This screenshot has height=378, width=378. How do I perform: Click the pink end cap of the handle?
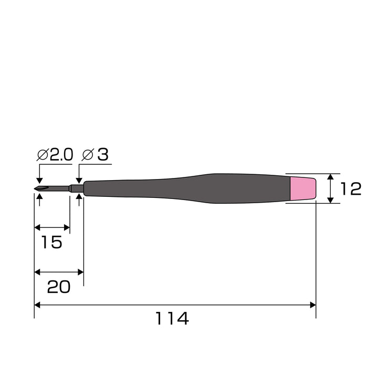pyautogui.click(x=303, y=188)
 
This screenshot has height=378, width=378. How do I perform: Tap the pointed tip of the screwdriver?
pyautogui.click(x=35, y=188)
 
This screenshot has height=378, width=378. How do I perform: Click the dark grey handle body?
pyautogui.click(x=187, y=188)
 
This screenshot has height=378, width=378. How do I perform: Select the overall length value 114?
pyautogui.click(x=172, y=318)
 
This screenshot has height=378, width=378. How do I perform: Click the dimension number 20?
pyautogui.click(x=59, y=287)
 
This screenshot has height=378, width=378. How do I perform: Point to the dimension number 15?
pyautogui.click(x=52, y=242)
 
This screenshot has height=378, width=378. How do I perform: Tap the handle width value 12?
pyautogui.click(x=351, y=189)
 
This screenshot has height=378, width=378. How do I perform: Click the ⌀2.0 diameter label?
pyautogui.click(x=55, y=154)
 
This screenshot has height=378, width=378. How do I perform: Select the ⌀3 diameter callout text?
pyautogui.click(x=95, y=154)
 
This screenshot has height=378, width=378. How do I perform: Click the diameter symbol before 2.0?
pyautogui.click(x=43, y=154)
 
